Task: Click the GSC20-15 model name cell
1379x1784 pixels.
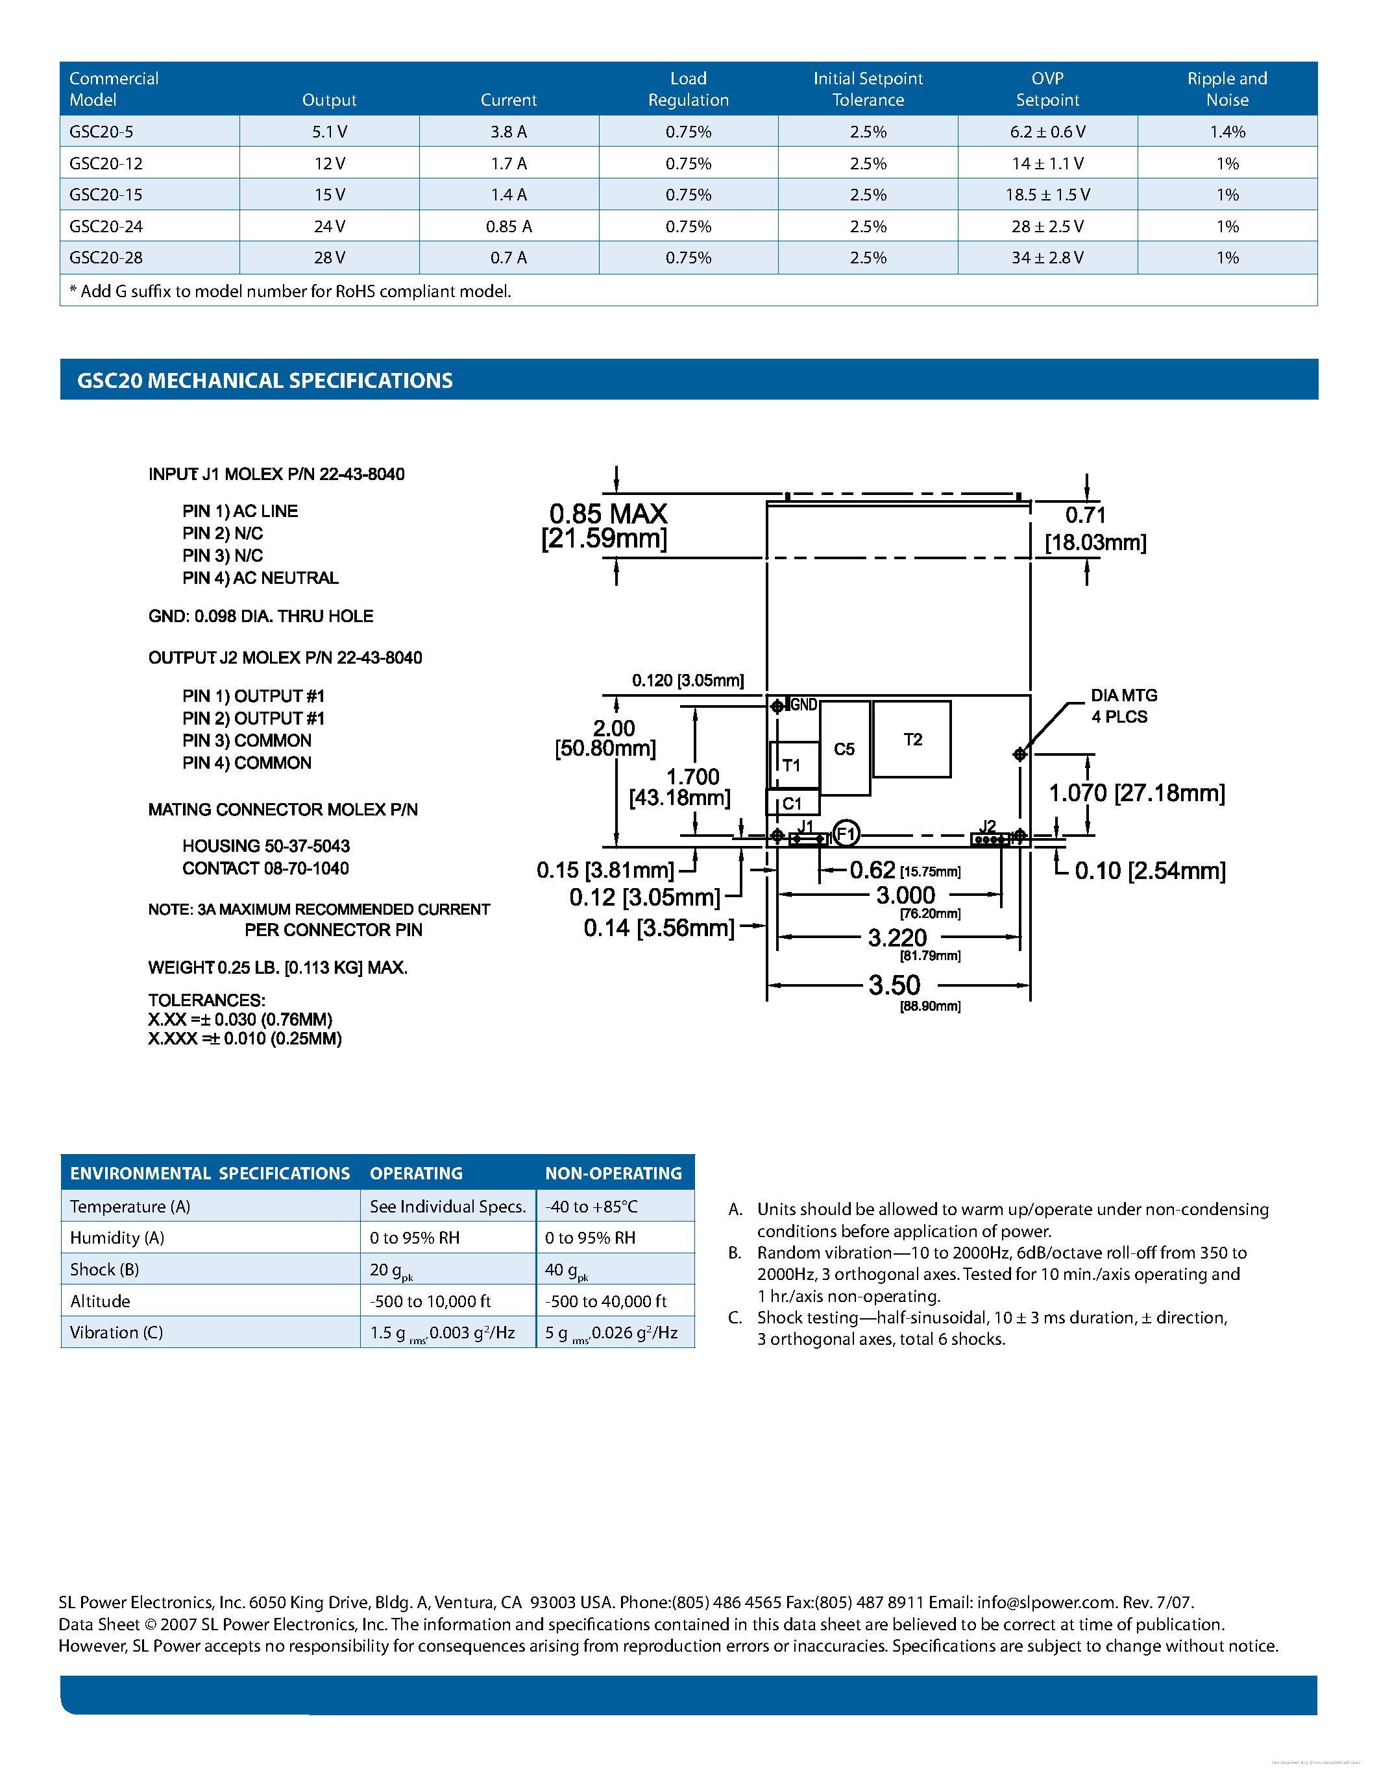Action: (x=106, y=195)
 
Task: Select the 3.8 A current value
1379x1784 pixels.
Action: (x=508, y=132)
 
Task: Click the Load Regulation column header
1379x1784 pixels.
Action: (x=688, y=89)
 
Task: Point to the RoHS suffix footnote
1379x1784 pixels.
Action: (x=290, y=291)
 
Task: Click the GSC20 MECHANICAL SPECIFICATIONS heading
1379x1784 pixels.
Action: (x=265, y=381)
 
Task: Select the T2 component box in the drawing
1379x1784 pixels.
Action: (x=912, y=740)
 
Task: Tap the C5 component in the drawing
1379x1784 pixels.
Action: (x=844, y=749)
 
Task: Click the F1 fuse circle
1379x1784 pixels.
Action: (x=846, y=834)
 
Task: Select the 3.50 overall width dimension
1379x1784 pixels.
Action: (x=894, y=985)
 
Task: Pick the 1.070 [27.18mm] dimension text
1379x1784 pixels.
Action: (x=1136, y=793)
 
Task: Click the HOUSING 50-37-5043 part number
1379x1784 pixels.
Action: (x=265, y=846)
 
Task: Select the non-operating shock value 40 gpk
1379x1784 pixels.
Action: (x=565, y=1270)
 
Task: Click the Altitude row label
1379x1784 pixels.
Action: (x=100, y=1301)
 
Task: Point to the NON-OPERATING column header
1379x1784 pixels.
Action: (x=613, y=1173)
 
